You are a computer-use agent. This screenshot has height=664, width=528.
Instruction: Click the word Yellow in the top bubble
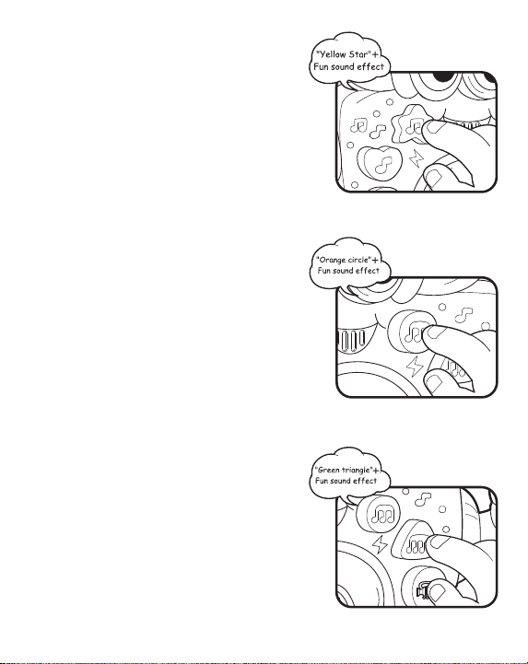coord(333,54)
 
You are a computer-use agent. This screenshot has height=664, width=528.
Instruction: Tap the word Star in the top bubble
coord(358,54)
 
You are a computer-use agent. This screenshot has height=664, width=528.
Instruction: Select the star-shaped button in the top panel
coord(408,124)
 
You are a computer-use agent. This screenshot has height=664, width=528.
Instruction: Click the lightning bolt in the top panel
coord(417,158)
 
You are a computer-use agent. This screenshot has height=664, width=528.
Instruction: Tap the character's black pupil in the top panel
coord(442,77)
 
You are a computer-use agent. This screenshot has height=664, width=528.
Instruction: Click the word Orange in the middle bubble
coord(332,261)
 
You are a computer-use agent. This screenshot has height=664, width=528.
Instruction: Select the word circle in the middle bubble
coord(358,260)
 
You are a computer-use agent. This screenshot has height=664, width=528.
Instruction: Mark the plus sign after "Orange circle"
coord(375,261)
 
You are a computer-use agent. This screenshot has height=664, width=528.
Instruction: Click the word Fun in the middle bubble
coord(324,271)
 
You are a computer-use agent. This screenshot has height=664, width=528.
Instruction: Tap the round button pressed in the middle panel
coord(410,332)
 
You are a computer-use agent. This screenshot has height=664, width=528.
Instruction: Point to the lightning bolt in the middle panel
coord(415,367)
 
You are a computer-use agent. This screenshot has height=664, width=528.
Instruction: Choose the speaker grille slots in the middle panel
coord(351,340)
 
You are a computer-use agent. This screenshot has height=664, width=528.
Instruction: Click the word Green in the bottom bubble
coord(328,470)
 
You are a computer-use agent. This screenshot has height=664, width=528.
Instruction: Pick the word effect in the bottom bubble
coord(364,481)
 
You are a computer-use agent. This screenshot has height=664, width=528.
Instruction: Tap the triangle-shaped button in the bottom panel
coord(411,543)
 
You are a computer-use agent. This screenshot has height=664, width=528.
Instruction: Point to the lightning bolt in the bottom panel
coord(381,545)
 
